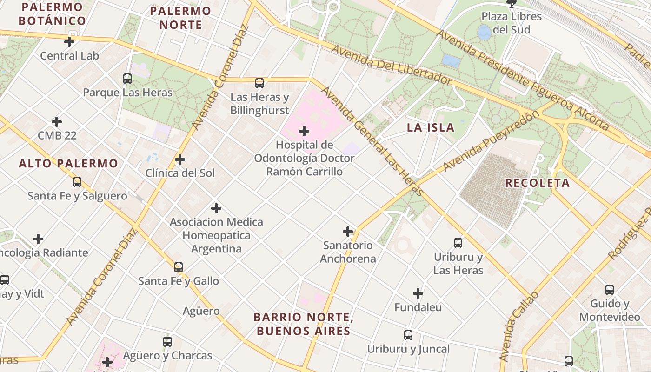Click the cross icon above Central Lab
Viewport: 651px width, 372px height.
(69, 42)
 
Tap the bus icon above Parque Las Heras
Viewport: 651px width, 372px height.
(127, 79)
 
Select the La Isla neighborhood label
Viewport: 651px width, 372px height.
(431, 127)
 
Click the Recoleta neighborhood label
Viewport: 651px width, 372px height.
(538, 183)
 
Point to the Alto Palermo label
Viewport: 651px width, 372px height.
(68, 164)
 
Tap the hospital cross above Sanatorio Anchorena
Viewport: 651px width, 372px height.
(348, 232)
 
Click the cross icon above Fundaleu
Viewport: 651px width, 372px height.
(418, 293)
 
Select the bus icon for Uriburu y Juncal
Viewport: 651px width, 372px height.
(408, 335)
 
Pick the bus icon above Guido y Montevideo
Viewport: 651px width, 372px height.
(610, 290)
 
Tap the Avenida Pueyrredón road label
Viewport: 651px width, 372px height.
(492, 141)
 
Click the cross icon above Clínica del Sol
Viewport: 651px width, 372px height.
(180, 159)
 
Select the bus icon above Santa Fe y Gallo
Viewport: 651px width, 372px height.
(179, 267)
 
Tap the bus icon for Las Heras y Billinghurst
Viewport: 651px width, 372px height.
(259, 84)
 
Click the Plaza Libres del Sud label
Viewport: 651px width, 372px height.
(511, 23)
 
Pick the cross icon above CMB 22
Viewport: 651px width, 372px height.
(57, 122)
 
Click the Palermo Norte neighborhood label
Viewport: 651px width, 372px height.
(180, 18)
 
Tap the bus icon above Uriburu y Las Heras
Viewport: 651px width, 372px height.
(458, 243)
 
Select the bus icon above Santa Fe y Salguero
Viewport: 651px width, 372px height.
(77, 182)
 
